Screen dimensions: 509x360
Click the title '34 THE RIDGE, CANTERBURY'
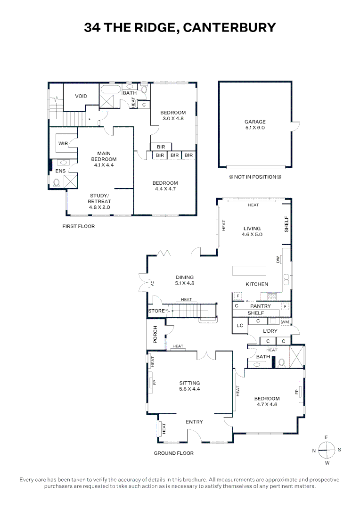[x=180, y=28]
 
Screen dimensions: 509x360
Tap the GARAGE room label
[x=255, y=124]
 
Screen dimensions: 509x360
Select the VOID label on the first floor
[x=81, y=96]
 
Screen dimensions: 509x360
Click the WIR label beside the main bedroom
[x=63, y=143]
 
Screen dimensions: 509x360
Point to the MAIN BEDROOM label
[x=104, y=159]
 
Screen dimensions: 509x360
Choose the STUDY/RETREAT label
[x=99, y=201]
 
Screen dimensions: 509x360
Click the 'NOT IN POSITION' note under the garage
[x=254, y=177]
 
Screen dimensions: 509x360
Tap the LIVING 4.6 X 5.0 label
[x=252, y=231]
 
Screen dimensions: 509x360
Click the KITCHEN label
[x=257, y=284]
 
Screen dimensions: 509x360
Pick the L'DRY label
[x=269, y=332]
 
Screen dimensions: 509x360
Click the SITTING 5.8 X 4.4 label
[x=189, y=386]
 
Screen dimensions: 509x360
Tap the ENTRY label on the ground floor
[x=194, y=422]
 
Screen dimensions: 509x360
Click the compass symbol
[x=326, y=450]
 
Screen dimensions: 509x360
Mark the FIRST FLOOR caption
[x=79, y=226]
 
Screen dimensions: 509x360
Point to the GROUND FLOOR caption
[x=173, y=453]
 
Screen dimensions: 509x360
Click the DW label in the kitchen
[x=278, y=260]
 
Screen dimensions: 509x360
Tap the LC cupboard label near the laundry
[x=240, y=325]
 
